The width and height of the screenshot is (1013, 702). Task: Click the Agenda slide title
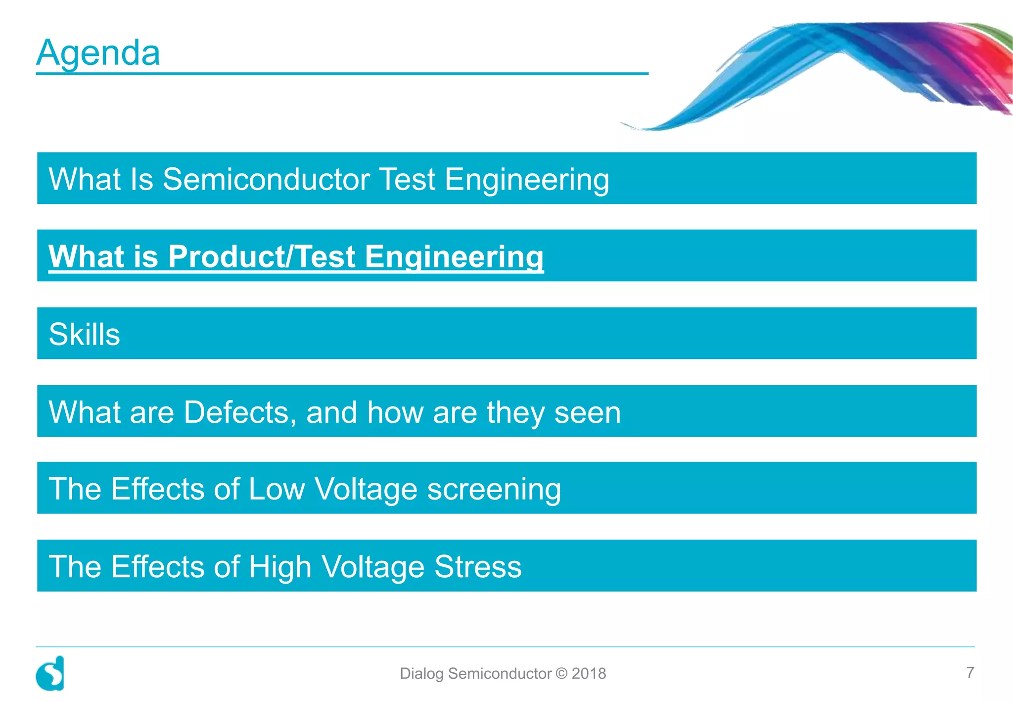[98, 52]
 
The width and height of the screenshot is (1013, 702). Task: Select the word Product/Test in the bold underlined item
[262, 256]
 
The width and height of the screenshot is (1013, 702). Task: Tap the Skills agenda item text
[84, 334]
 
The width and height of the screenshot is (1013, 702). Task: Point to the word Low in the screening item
[276, 489]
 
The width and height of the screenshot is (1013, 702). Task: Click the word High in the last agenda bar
[279, 566]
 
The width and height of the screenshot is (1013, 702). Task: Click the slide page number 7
[970, 672]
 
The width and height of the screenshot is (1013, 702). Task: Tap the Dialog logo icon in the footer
[50, 674]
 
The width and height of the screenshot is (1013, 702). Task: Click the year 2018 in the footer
[589, 674]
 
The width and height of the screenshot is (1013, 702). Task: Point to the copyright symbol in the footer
[561, 674]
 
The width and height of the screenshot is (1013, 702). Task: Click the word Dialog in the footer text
[421, 674]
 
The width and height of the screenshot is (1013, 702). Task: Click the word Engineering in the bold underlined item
[454, 256]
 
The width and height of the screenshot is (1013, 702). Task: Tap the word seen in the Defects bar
[587, 412]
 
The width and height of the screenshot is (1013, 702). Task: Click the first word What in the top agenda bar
[84, 179]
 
